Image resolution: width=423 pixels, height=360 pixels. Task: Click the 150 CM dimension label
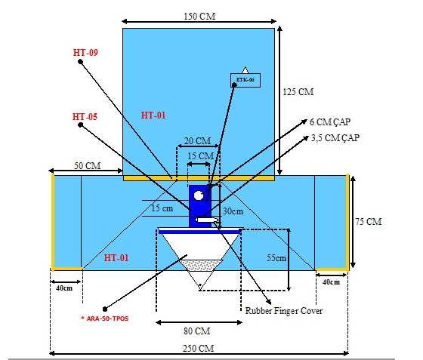click(x=199, y=16)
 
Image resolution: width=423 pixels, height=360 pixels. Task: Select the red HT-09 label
click(x=85, y=52)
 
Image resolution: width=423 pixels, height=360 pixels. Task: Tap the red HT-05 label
click(x=85, y=117)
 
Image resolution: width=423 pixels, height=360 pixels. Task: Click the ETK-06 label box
click(x=245, y=80)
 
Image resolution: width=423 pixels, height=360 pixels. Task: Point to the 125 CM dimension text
click(x=298, y=92)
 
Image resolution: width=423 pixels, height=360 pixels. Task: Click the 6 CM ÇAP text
click(x=330, y=122)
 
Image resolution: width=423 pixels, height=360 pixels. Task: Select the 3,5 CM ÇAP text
click(x=335, y=138)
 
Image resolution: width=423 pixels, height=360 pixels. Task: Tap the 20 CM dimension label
click(x=197, y=141)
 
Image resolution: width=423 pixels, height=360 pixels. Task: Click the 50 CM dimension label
click(x=88, y=165)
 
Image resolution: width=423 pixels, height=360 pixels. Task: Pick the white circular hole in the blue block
click(x=199, y=195)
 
